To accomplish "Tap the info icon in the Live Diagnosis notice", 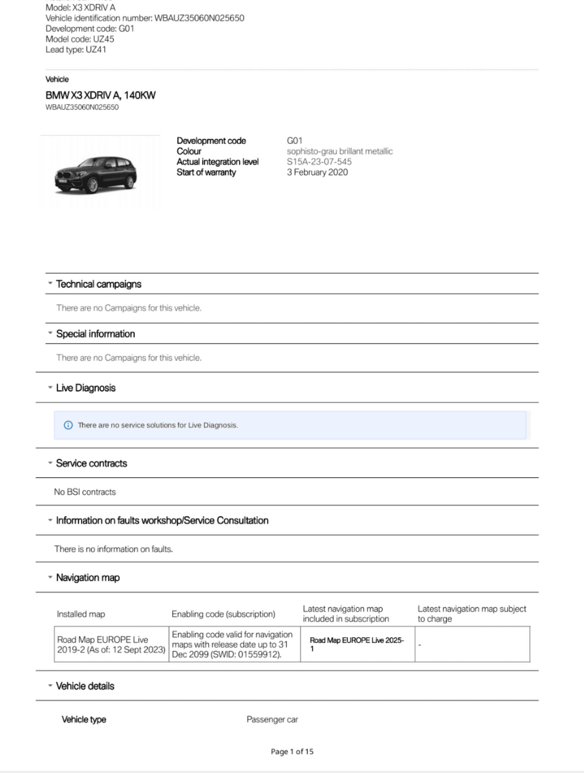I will [68, 425].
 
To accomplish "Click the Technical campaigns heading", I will [98, 284].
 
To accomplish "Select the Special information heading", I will [95, 334].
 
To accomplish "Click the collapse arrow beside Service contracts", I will [50, 463].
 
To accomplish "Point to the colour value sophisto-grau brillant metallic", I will [339, 151].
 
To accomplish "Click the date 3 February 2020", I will [317, 172].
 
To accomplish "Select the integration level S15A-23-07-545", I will [319, 162].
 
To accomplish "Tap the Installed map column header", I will [81, 614].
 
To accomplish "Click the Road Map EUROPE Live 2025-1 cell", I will [357, 644].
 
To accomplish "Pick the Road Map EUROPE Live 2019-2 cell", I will [111, 645].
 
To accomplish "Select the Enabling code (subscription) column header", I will [223, 614].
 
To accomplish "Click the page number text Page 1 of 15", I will [292, 752].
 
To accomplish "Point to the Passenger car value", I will [272, 719].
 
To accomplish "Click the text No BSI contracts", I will [85, 492].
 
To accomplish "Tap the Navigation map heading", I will [88, 577].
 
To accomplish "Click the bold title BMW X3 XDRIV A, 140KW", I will [100, 95].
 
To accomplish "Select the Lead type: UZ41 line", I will [76, 50].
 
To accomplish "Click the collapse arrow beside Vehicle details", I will [50, 685].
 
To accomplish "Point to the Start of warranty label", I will [206, 172].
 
